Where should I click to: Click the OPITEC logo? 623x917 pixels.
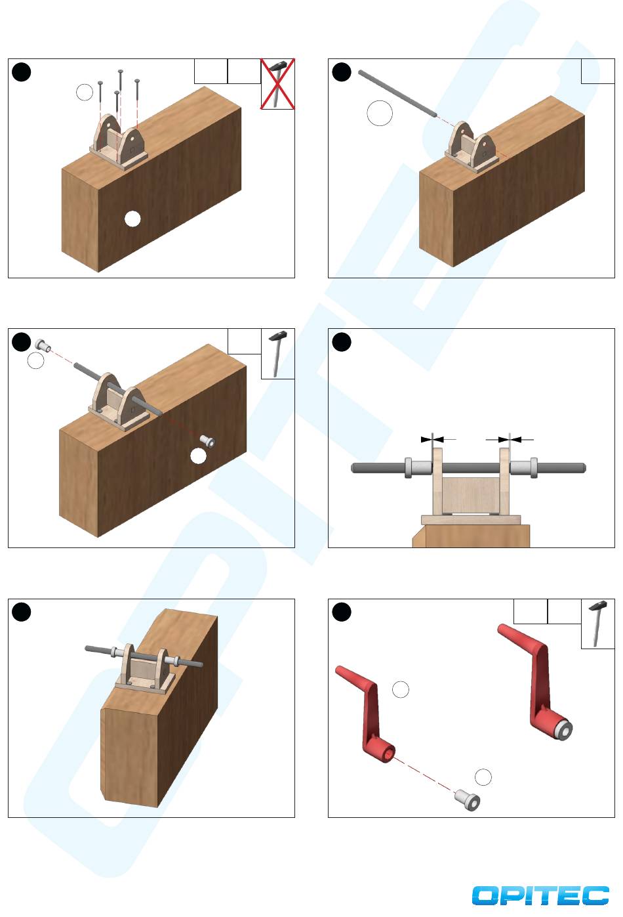point(540,895)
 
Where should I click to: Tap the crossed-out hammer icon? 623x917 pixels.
point(278,83)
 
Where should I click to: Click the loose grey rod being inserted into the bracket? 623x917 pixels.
point(397,94)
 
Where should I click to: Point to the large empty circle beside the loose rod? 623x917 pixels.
point(380,113)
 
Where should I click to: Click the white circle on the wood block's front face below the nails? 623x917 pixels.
point(132,219)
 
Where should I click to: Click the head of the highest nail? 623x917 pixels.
point(121,72)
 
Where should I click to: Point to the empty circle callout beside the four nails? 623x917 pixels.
point(85,93)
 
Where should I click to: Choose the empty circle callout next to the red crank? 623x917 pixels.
point(400,689)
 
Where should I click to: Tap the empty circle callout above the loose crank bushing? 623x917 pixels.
point(483,777)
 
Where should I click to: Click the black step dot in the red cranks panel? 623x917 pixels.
point(342,612)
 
